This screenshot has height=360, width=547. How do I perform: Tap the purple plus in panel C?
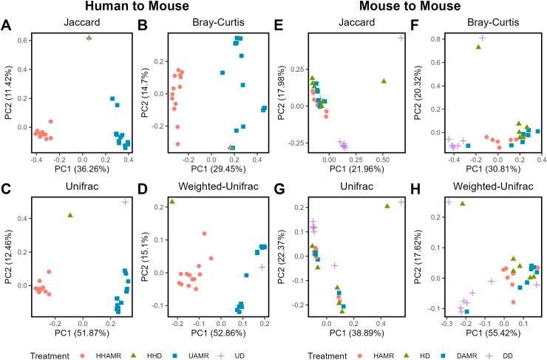(x=126, y=201)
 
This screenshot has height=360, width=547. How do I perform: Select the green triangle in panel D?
(x=172, y=201)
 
